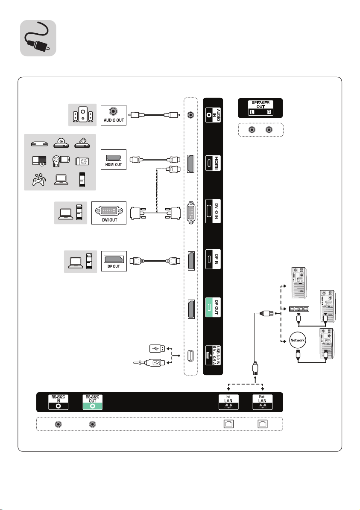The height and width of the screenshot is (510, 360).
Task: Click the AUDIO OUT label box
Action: pyautogui.click(x=113, y=115)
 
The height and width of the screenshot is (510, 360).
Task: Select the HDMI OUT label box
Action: pyautogui.click(x=113, y=159)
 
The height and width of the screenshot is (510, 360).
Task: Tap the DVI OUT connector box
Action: pyautogui.click(x=109, y=213)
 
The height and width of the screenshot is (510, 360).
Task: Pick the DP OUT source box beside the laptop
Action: pyautogui.click(x=114, y=261)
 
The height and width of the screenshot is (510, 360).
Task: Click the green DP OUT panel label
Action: pyautogui.click(x=213, y=307)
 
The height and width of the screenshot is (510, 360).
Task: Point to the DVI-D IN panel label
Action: pyautogui.click(x=213, y=211)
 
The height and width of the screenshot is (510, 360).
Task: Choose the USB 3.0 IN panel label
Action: pyautogui.click(x=213, y=355)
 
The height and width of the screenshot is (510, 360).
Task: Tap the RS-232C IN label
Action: pyautogui.click(x=58, y=402)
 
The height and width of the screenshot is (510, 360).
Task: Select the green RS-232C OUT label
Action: pyautogui.click(x=92, y=402)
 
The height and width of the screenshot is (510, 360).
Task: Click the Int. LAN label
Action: pyautogui.click(x=228, y=402)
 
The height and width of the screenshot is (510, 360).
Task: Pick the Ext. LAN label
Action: pyautogui.click(x=262, y=402)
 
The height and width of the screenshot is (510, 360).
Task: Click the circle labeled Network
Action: pyautogui.click(x=298, y=340)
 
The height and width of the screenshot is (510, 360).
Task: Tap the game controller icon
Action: pyautogui.click(x=39, y=179)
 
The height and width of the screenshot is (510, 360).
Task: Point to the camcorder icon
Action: pyautogui.click(x=61, y=160)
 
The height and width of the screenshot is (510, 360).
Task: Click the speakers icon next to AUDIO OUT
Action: pyautogui.click(x=83, y=115)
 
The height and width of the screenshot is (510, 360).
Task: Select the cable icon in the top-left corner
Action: pyautogui.click(x=38, y=38)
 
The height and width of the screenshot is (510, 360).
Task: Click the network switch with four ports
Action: pyautogui.click(x=299, y=309)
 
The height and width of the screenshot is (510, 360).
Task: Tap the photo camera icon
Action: pyautogui.click(x=82, y=161)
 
